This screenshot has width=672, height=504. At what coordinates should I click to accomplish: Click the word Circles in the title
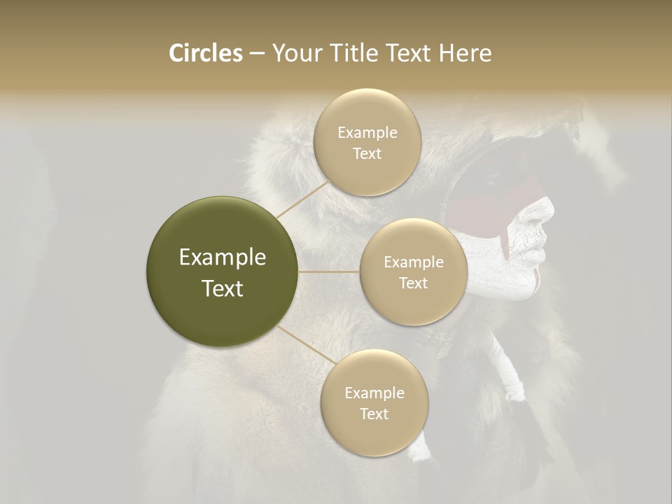coord(205,53)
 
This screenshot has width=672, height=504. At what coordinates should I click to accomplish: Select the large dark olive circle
coord(223,272)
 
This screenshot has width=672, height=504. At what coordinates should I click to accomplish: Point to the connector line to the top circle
coord(302,199)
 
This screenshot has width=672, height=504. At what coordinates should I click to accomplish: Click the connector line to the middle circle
coord(329,272)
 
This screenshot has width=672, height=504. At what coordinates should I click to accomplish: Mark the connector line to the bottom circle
coord(301,344)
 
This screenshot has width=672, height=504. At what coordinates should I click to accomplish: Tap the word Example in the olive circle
coord(223,258)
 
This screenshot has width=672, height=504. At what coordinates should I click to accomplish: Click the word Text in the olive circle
coord(223,288)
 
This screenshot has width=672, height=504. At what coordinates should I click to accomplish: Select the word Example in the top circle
coord(367,133)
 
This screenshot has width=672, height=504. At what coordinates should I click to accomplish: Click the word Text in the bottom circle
coord(374,414)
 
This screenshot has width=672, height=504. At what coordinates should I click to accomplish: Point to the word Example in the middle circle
coord(414,262)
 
